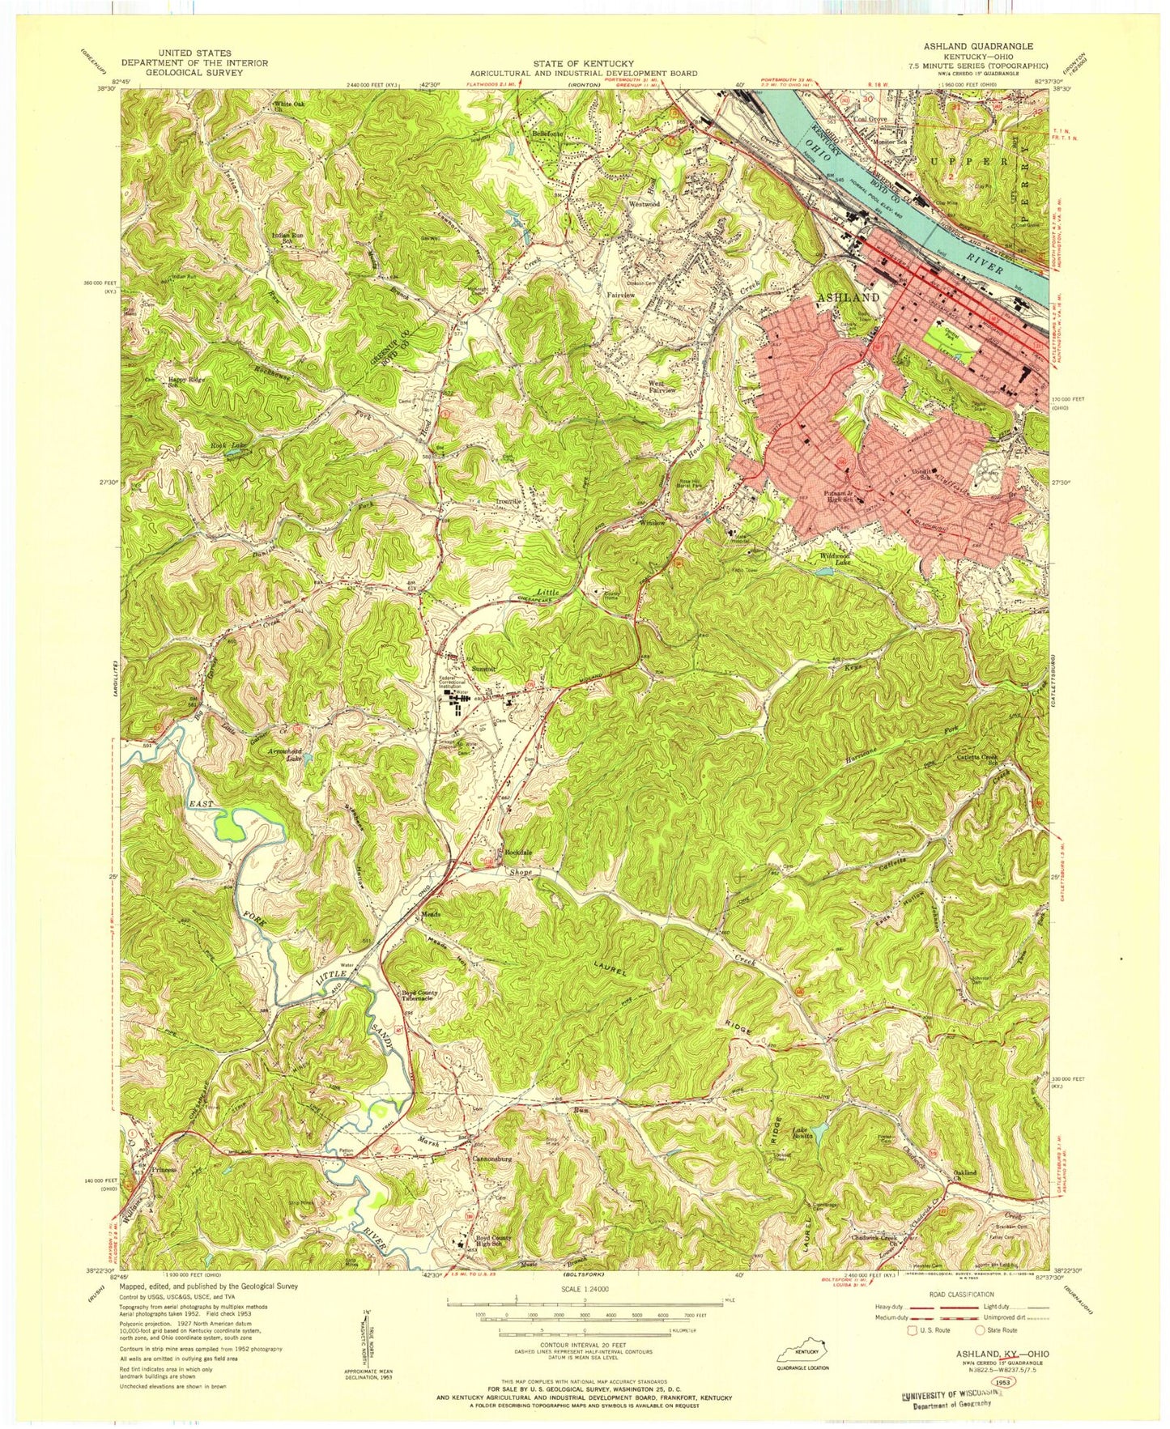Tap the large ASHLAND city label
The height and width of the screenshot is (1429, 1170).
pos(848,298)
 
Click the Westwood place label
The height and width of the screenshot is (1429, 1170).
pos(645,205)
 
